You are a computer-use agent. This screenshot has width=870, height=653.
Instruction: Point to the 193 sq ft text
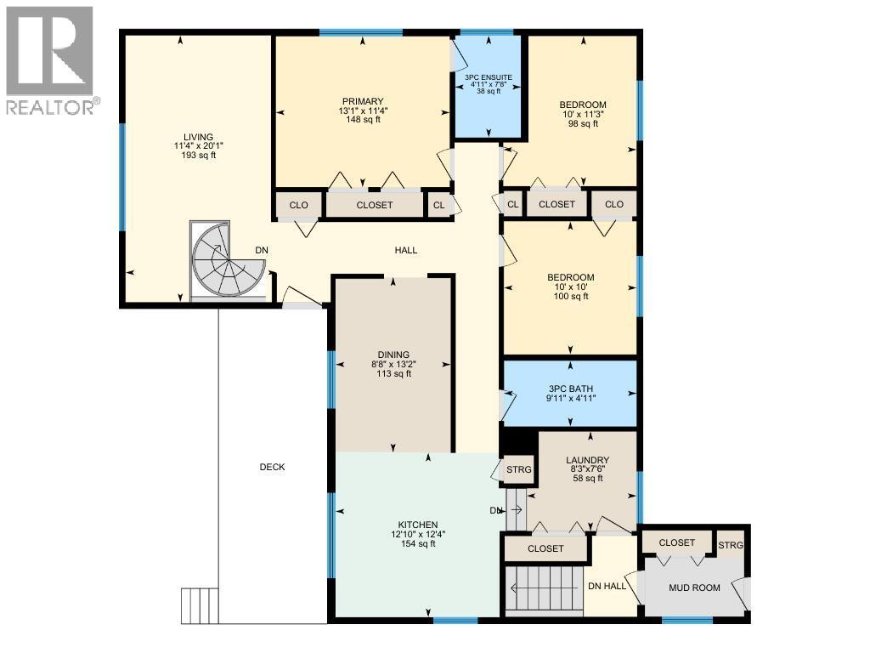198,156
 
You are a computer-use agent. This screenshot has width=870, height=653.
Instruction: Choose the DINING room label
393,355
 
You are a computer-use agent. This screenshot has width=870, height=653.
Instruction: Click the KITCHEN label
417,525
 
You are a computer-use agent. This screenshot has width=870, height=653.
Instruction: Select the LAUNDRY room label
588,460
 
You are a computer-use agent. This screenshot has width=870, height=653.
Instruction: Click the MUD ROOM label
694,588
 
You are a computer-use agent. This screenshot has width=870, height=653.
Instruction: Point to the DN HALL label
607,586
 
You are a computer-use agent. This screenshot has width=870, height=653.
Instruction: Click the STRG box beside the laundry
518,469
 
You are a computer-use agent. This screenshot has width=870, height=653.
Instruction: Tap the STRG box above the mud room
729,544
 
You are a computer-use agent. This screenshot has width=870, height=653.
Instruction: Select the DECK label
272,467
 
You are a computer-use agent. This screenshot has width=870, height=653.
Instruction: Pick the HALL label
405,250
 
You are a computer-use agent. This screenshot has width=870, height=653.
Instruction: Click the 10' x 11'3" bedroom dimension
584,114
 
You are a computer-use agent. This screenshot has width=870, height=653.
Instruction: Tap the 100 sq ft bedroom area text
569,296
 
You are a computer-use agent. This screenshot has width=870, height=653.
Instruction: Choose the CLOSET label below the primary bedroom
374,205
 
